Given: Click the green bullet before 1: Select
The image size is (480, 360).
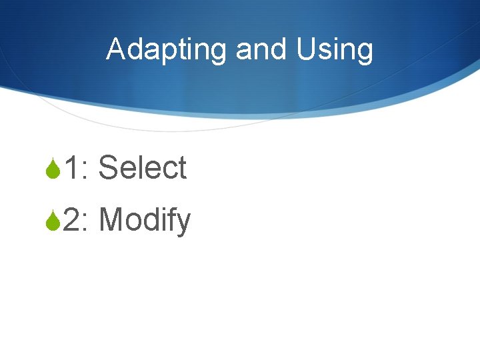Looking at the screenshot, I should click(x=53, y=169).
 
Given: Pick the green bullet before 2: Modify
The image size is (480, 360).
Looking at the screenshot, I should click(x=53, y=221).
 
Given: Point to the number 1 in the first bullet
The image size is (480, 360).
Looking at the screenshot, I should click(x=71, y=168).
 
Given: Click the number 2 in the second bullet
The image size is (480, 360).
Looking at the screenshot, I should click(x=72, y=220).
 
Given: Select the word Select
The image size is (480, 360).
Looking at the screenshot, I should click(x=142, y=168).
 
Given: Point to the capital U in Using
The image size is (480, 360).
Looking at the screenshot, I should click(x=308, y=50).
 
